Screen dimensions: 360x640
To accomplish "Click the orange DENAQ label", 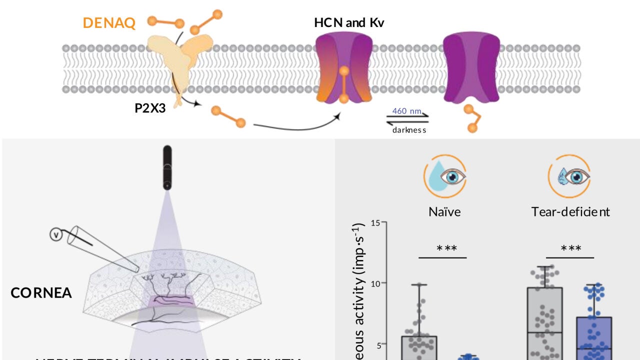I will (x=109, y=23).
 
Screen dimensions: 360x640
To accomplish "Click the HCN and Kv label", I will (x=349, y=22).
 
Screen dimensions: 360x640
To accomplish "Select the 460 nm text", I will (x=406, y=111).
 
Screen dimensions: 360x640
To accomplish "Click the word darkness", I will (x=409, y=130).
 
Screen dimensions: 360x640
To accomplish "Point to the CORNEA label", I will (x=41, y=292).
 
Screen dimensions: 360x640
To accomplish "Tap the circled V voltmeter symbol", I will (x=56, y=234).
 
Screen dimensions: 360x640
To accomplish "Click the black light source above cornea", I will (x=167, y=167).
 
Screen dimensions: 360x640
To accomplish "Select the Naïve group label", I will (x=444, y=211).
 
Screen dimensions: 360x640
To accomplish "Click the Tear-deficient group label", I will (x=570, y=211).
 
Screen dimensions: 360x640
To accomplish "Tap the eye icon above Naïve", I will (x=445, y=177).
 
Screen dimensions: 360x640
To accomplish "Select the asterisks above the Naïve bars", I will (x=442, y=248).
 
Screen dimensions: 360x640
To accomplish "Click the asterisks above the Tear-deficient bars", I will (x=570, y=248).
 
